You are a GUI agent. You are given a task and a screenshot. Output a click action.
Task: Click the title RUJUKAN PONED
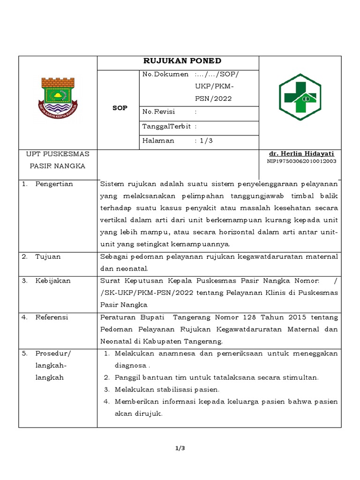click(182, 61)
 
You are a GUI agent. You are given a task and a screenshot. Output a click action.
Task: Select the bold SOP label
click(120, 108)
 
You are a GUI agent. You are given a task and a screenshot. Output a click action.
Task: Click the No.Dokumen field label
click(165, 75)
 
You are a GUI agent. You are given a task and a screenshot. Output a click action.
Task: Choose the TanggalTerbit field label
click(167, 126)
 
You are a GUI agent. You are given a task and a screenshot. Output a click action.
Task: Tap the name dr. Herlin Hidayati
click(301, 154)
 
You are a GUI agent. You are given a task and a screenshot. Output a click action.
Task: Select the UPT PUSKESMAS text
click(58, 154)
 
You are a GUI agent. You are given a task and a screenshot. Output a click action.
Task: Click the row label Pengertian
click(54, 184)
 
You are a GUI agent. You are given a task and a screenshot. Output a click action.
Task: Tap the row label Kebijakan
click(52, 281)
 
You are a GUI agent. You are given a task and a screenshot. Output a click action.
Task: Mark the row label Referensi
click(52, 317)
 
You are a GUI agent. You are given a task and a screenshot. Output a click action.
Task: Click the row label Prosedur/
click(52, 353)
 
